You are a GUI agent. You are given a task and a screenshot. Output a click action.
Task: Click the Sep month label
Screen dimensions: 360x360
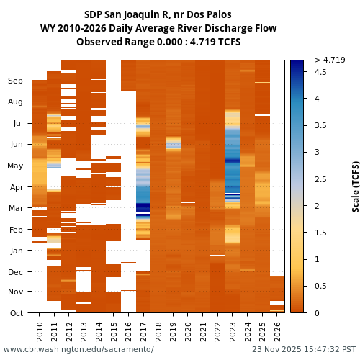(15, 81)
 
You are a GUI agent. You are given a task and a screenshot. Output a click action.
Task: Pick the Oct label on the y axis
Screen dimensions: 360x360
(15, 313)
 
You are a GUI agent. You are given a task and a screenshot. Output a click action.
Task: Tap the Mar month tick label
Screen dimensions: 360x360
(15, 209)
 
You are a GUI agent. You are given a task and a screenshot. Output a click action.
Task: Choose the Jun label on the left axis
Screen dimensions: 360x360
(15, 145)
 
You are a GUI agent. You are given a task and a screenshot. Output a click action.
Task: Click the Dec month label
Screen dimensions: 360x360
(15, 272)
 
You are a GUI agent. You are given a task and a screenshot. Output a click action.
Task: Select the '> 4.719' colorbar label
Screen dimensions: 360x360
(330, 60)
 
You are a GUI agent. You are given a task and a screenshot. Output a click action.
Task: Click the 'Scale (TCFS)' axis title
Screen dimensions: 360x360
(355, 186)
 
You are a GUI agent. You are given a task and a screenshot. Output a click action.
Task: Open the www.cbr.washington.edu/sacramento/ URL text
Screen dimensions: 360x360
(78, 349)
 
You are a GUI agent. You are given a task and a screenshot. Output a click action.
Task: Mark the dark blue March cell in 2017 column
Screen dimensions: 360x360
(143, 209)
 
